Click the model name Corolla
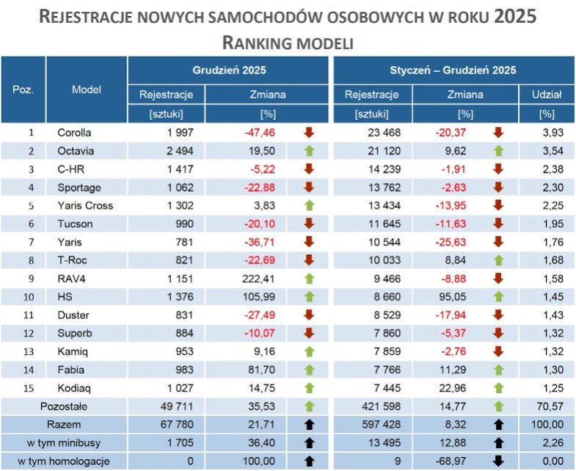(74, 133)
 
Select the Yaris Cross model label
(85, 206)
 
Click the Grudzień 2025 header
(229, 71)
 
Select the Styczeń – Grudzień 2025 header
(452, 71)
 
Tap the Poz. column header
(23, 89)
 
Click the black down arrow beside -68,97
(498, 461)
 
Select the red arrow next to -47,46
(308, 133)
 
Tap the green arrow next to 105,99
(308, 297)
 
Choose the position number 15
(31, 387)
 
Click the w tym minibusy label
(73, 442)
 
